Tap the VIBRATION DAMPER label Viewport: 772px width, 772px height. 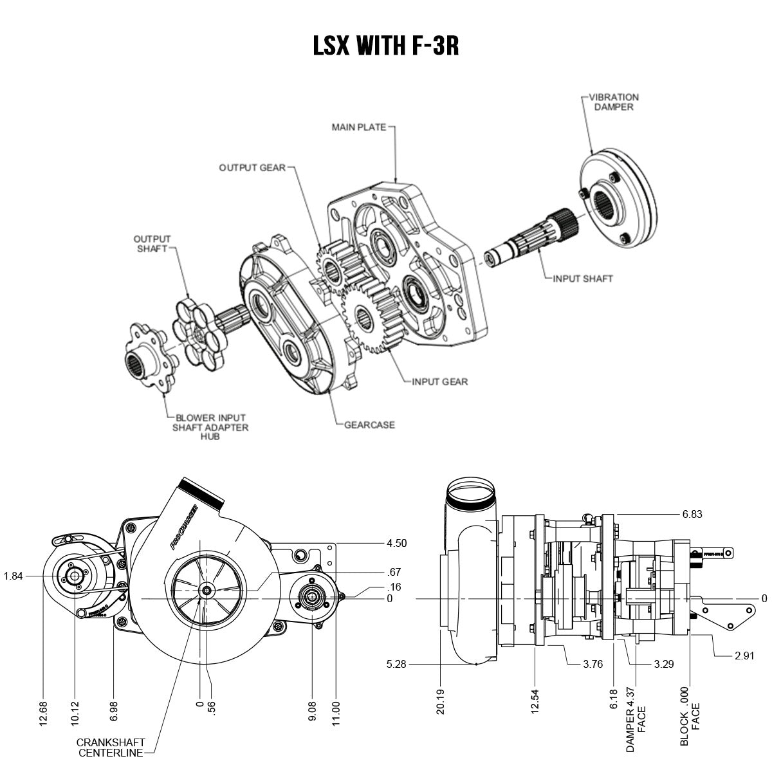(x=614, y=102)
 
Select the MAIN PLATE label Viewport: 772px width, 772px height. (x=358, y=127)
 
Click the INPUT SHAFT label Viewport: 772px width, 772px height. (x=583, y=279)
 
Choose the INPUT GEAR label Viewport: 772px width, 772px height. (x=440, y=381)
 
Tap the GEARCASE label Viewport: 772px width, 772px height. (x=369, y=425)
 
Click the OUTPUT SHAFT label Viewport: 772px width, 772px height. (x=152, y=244)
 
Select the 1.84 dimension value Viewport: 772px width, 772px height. (x=13, y=576)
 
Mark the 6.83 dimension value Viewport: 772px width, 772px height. (x=692, y=514)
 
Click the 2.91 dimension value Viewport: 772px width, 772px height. (x=744, y=656)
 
